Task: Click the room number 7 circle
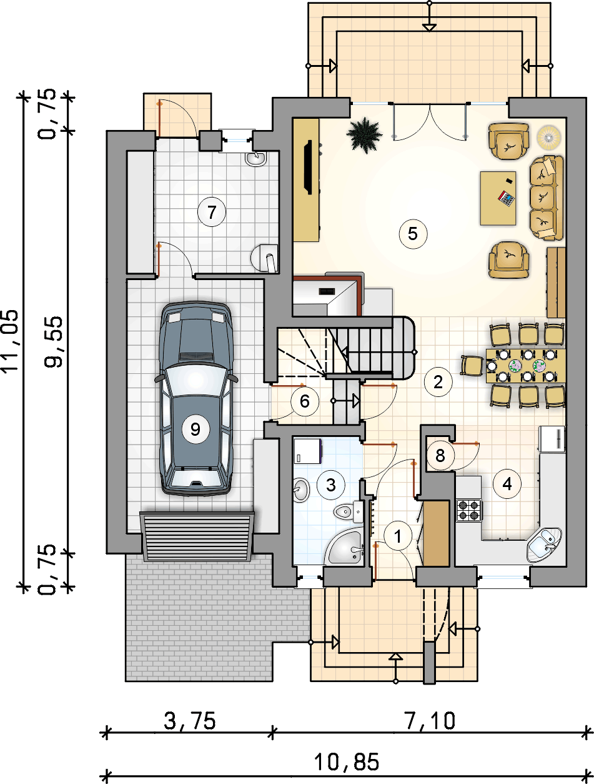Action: pos(212,212)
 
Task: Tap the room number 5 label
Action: pos(413,234)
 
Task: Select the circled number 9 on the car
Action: pos(195,429)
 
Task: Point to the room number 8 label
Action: pos(440,455)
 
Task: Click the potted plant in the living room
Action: pos(365,136)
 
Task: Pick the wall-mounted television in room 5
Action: pos(308,167)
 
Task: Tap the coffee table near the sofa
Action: pos(498,198)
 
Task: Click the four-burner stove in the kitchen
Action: pos(470,510)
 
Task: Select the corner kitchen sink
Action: pos(543,545)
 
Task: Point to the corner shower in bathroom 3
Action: pos(345,547)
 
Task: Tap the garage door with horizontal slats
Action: pos(197,536)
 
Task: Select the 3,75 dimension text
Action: pos(190,720)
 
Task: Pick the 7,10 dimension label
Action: pos(430,720)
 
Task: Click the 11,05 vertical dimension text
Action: pos(9,341)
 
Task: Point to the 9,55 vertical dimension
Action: pos(53,342)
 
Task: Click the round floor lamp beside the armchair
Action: pos(549,137)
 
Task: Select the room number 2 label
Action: pos(438,382)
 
